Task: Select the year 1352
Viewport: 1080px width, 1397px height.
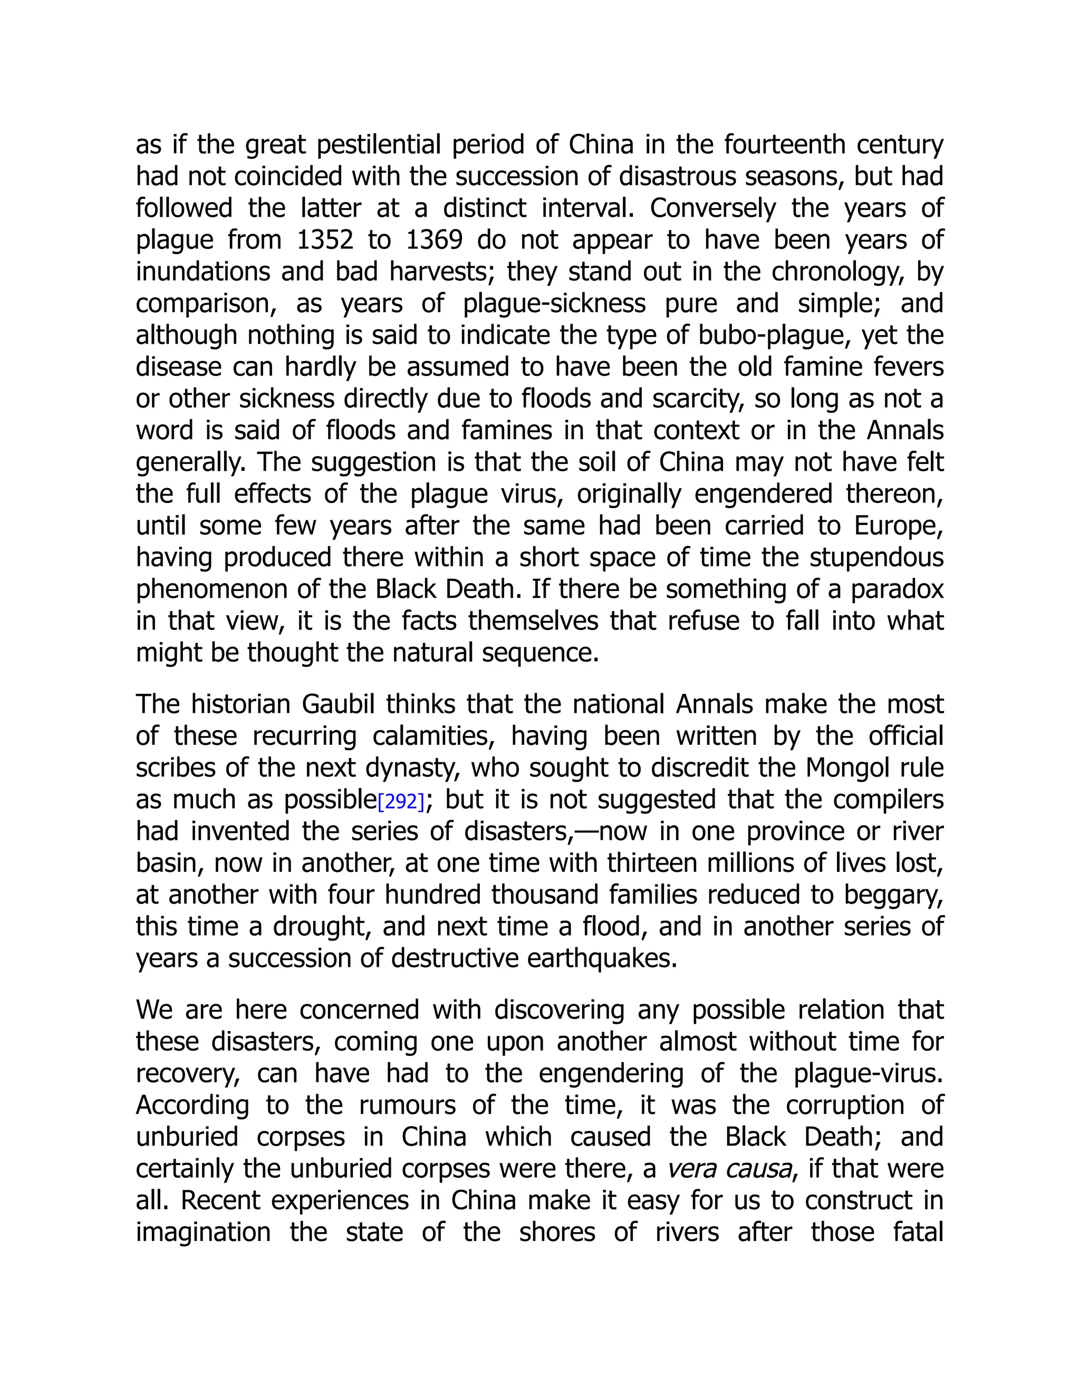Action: tap(325, 240)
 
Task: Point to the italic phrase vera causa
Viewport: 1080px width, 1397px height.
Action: tap(729, 1169)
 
